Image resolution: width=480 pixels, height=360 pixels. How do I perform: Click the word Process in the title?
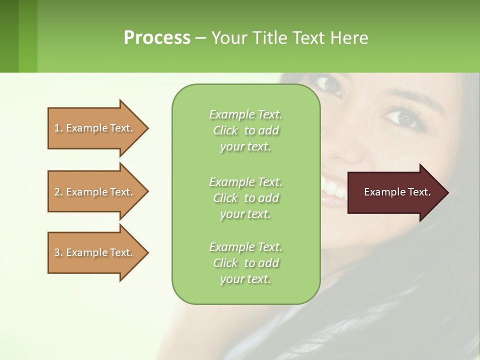click(157, 37)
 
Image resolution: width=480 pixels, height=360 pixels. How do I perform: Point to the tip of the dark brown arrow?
click(446, 192)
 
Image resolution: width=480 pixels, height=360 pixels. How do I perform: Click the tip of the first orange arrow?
click(146, 128)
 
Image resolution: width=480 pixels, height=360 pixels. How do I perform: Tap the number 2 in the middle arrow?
click(57, 192)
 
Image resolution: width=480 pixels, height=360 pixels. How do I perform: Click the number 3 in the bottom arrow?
click(57, 252)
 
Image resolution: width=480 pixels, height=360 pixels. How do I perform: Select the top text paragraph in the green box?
click(245, 130)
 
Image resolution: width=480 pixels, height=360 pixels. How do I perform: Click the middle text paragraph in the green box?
click(245, 198)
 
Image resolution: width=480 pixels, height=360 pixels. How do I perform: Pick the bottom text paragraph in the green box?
click(245, 263)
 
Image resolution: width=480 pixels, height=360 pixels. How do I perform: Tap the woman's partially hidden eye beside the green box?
click(331, 86)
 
